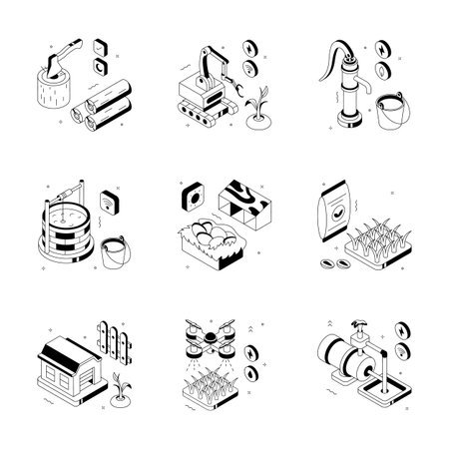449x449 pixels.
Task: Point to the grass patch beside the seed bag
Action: point(384,239)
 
